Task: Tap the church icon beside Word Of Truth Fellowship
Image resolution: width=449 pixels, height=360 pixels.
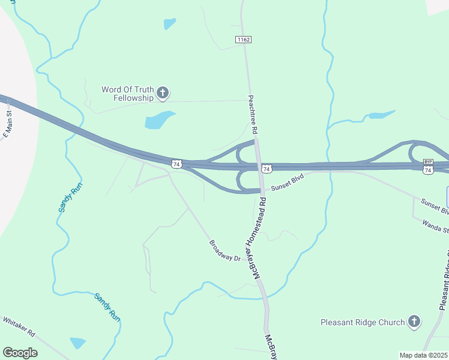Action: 162,93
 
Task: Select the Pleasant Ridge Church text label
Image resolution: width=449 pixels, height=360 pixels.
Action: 363,322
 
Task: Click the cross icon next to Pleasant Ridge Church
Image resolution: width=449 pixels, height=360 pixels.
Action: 414,322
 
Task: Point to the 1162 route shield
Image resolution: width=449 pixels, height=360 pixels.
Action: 243,40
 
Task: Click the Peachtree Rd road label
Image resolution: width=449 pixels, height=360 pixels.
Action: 254,114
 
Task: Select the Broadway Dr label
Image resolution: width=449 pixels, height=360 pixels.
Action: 224,250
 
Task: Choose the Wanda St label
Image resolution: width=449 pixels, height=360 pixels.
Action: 435,224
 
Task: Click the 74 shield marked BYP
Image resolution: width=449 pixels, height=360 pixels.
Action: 428,166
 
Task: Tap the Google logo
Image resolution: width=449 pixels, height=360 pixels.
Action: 20,353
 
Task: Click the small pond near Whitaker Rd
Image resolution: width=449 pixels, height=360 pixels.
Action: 77,343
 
